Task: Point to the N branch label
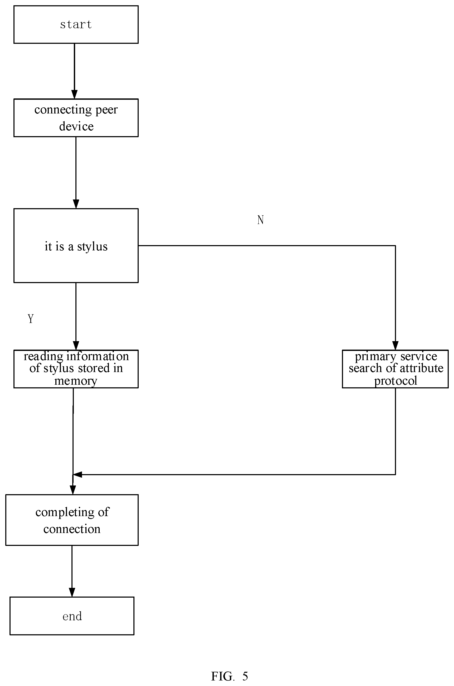click(x=260, y=220)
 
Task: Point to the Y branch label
click(x=31, y=319)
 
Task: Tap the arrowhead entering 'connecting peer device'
click(x=74, y=94)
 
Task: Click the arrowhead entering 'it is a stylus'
click(x=76, y=204)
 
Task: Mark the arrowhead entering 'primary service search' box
click(x=395, y=345)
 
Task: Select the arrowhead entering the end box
click(x=72, y=592)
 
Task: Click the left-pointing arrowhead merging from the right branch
click(x=77, y=474)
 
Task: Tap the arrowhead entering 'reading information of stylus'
click(x=76, y=345)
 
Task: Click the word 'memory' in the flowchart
click(x=76, y=381)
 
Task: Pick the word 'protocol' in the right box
click(x=395, y=381)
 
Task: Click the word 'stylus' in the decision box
click(x=92, y=247)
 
